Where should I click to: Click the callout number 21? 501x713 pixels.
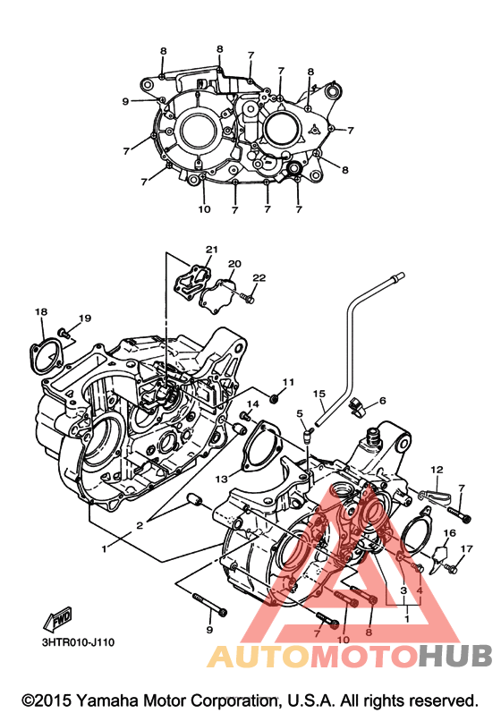(x=212, y=250)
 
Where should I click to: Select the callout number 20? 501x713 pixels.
(x=234, y=264)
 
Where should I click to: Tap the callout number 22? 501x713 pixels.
(x=259, y=278)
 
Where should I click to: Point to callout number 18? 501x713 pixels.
(x=41, y=312)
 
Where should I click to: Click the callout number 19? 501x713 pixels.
(x=85, y=318)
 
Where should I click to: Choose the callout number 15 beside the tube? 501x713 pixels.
(x=319, y=393)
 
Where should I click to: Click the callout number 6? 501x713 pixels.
(x=382, y=401)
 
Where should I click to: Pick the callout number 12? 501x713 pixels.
(x=437, y=470)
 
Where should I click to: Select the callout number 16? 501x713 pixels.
(x=450, y=533)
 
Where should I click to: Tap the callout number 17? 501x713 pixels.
(x=466, y=549)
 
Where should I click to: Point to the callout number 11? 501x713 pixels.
(x=288, y=382)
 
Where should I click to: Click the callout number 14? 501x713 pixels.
(x=253, y=403)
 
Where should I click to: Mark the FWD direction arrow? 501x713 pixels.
(x=58, y=620)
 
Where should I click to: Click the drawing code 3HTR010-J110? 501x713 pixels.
(x=78, y=642)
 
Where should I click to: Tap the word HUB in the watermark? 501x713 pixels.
(x=455, y=656)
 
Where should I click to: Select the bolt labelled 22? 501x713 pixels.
(x=247, y=299)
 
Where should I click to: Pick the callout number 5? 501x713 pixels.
(x=300, y=413)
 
